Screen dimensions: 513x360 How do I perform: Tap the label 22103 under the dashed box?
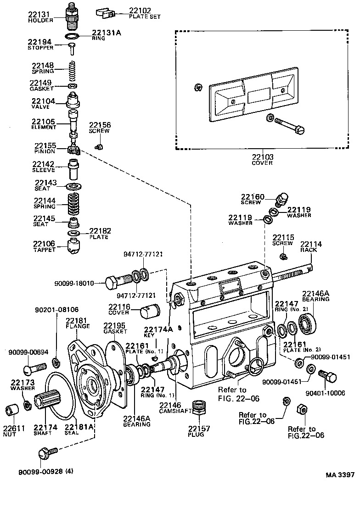(262, 157)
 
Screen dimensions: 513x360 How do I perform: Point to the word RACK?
(309, 250)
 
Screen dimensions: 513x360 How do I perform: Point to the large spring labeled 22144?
(73, 204)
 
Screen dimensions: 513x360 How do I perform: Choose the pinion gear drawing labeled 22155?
(74, 149)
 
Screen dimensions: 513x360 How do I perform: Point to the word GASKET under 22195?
(115, 331)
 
